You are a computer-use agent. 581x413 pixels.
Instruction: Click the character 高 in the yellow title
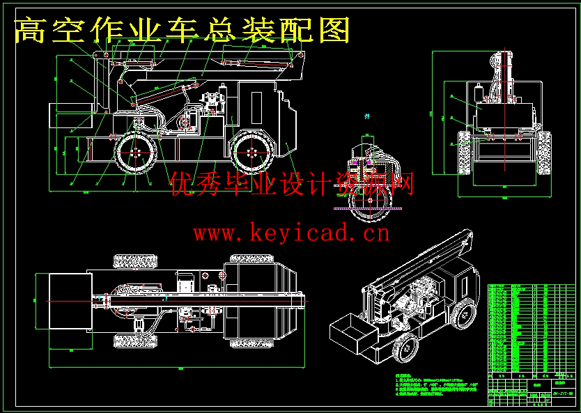coord(29,30)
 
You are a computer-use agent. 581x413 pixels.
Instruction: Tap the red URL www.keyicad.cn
coord(291,233)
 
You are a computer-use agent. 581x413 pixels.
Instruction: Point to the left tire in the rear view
coord(463,153)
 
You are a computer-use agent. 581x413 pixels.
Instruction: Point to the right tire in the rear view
coord(545,153)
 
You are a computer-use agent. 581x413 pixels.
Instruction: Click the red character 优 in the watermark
coord(179,184)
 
